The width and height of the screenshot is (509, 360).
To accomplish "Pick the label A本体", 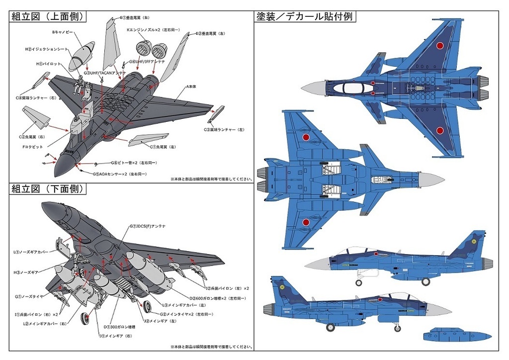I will pos(191,87).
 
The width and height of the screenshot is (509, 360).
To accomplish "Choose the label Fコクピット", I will pos(33,147).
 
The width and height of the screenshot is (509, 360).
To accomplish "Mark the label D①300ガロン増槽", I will pos(119,327).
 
